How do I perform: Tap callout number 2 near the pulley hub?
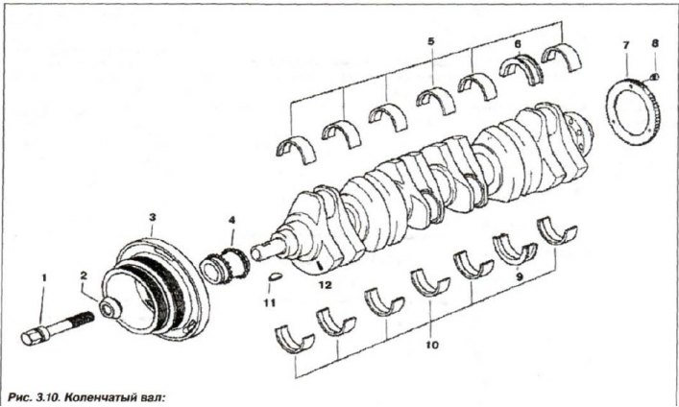coord(84,275)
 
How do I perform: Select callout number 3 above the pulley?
coord(152,217)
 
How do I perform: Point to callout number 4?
coord(232,220)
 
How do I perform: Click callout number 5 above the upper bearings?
coord(431,41)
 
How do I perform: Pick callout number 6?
coord(518,44)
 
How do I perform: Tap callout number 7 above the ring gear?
coord(626,44)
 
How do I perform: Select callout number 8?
coord(655,44)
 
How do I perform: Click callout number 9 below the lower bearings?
coord(519,278)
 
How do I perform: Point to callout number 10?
coord(432,345)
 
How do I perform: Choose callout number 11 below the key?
coord(270,303)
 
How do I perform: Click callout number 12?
coord(326,285)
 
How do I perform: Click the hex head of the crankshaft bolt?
coord(31,336)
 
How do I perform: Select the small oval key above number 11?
coord(274,276)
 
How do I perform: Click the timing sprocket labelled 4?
coord(225,266)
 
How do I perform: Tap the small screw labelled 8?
coord(655,77)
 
